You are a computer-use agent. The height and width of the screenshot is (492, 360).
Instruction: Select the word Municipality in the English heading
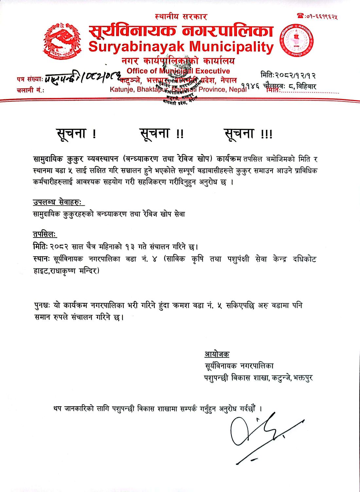click(x=231, y=47)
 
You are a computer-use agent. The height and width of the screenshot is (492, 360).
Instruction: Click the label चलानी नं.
click(x=30, y=90)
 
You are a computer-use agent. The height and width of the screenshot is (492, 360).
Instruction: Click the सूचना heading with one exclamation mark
click(x=76, y=134)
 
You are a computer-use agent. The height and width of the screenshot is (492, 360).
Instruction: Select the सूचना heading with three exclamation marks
click(x=248, y=134)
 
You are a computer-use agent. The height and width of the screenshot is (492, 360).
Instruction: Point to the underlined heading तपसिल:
click(x=45, y=234)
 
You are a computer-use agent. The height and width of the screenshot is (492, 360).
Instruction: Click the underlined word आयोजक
click(x=217, y=354)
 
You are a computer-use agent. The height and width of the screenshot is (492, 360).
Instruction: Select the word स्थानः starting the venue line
click(x=42, y=259)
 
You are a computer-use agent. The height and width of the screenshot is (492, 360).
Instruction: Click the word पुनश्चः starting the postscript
click(x=42, y=305)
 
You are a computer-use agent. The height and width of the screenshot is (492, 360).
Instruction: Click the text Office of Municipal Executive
click(x=178, y=71)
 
